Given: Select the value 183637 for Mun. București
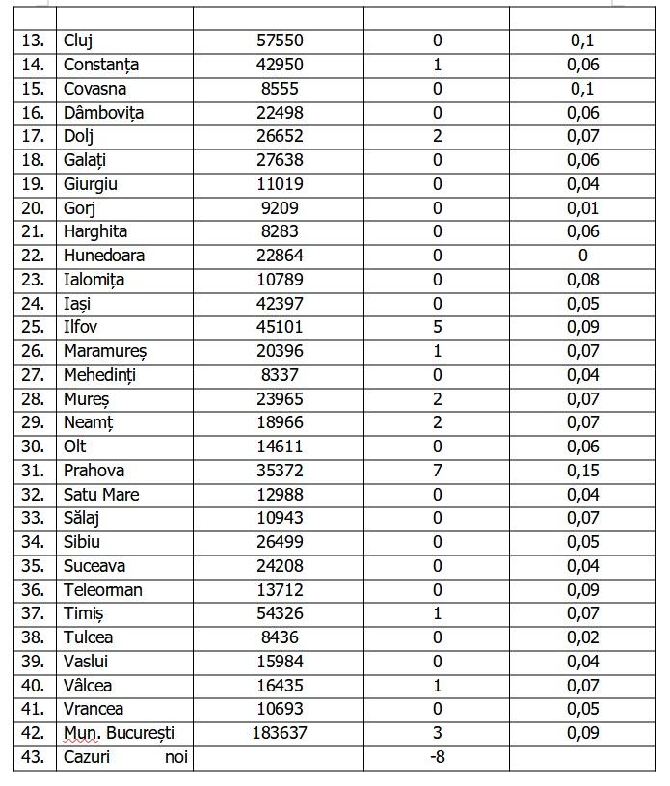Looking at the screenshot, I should pyautogui.click(x=279, y=733).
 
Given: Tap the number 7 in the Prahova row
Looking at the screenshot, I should pyautogui.click(x=438, y=471).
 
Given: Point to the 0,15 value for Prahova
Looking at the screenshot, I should pyautogui.click(x=583, y=471).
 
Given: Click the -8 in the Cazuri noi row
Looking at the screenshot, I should pyautogui.click(x=438, y=757).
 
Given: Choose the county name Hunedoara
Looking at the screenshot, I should pyautogui.click(x=103, y=256).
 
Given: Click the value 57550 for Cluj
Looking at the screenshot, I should pyautogui.click(x=279, y=41).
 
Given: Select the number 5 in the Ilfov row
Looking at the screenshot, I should pyautogui.click(x=438, y=327).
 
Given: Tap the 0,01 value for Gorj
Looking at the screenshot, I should pyautogui.click(x=583, y=208).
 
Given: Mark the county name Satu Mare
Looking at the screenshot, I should pyautogui.click(x=101, y=495).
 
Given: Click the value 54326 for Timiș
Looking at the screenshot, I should pyautogui.click(x=279, y=614).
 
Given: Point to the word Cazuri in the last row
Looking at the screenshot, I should pyautogui.click(x=87, y=757).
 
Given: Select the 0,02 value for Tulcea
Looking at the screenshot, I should pyautogui.click(x=583, y=637).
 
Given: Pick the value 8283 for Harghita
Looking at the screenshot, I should pyautogui.click(x=279, y=231).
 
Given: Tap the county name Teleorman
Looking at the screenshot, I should pyautogui.click(x=102, y=590).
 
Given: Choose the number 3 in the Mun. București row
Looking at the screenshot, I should pyautogui.click(x=438, y=733).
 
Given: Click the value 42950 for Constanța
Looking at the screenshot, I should pyautogui.click(x=279, y=65).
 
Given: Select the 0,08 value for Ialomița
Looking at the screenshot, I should pyautogui.click(x=583, y=280).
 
